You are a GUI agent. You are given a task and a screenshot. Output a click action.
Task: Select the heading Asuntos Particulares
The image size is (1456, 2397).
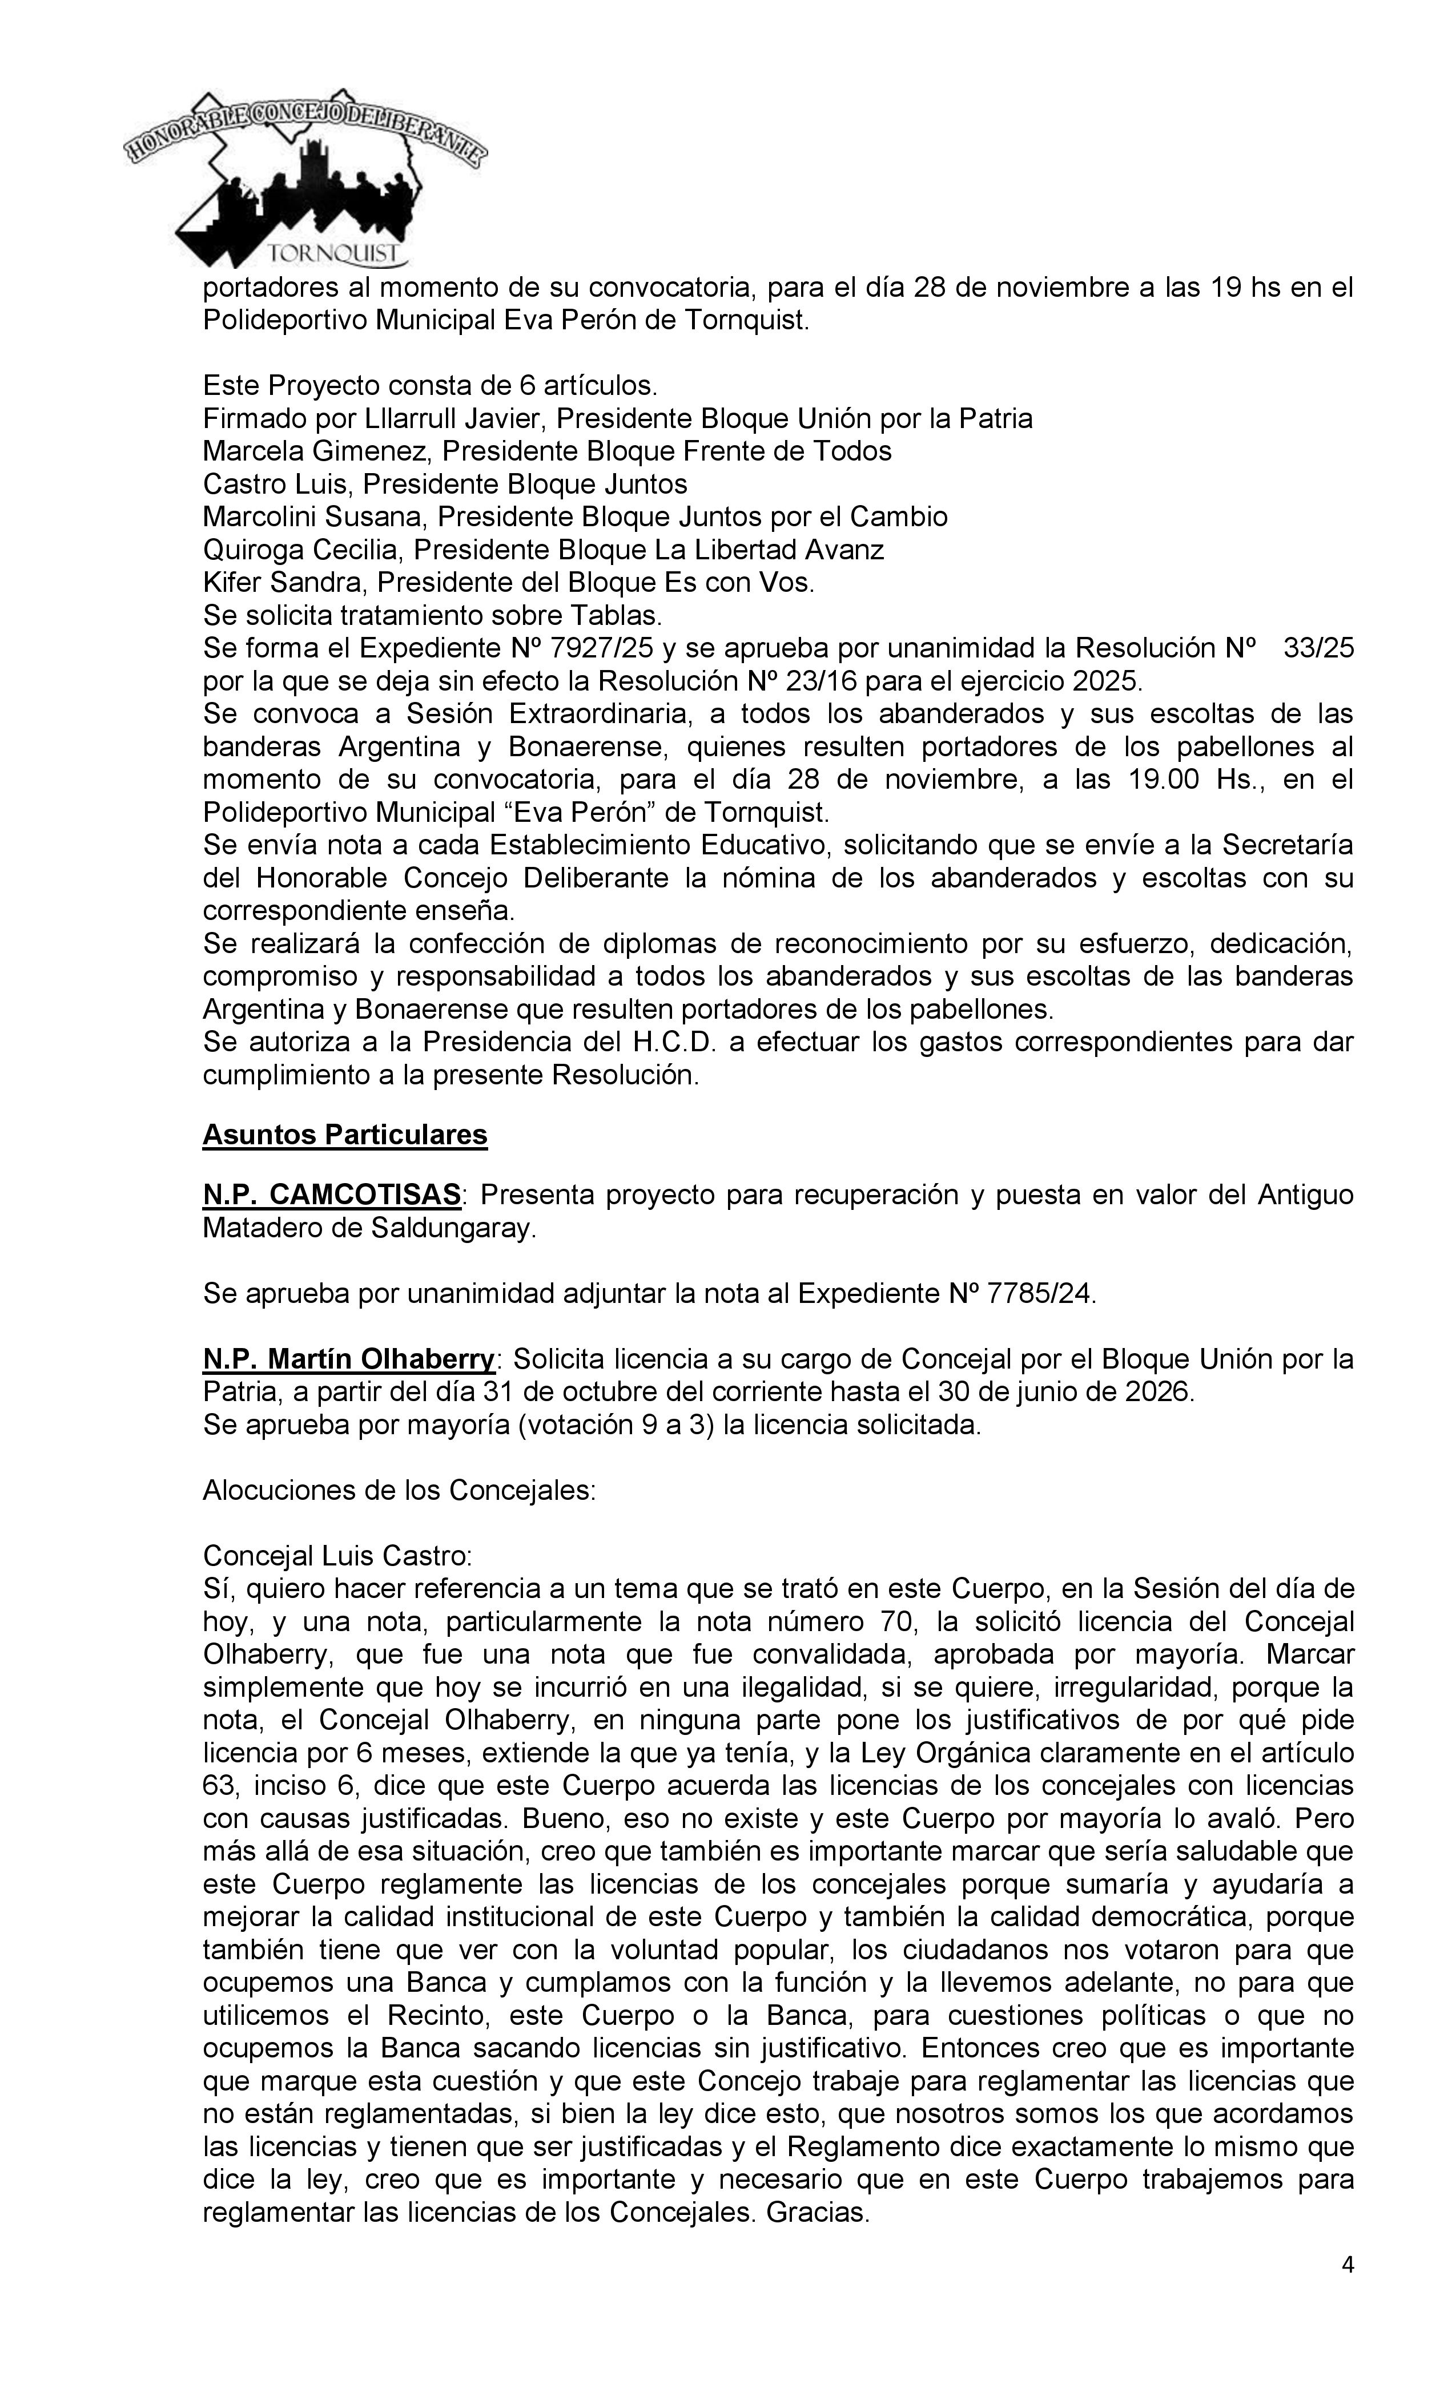click(x=344, y=1135)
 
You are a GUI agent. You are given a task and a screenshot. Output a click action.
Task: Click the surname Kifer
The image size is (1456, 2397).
click(x=230, y=583)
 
